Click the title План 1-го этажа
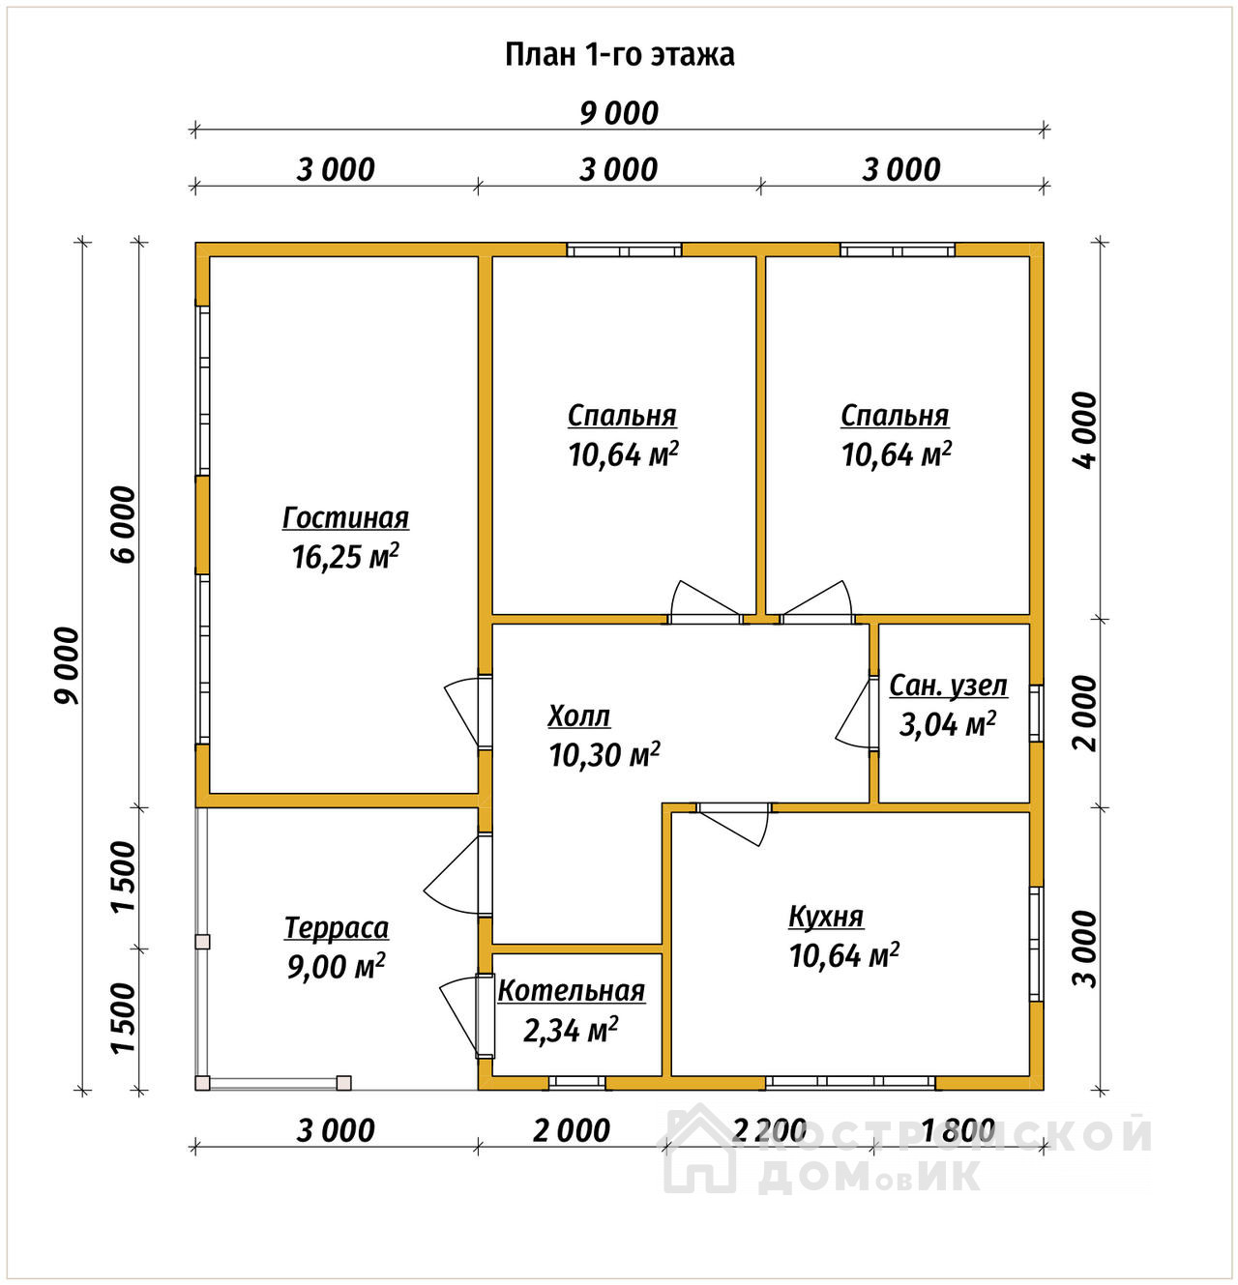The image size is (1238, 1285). click(x=619, y=55)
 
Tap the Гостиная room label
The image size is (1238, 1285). click(x=345, y=518)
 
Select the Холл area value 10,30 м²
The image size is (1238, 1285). click(x=604, y=755)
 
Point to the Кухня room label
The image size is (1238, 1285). click(x=826, y=918)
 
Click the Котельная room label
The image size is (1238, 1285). click(x=572, y=991)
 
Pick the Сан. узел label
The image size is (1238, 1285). click(x=948, y=686)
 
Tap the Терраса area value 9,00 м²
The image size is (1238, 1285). click(x=337, y=967)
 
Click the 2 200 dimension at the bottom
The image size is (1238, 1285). click(x=770, y=1130)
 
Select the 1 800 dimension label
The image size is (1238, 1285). click(x=958, y=1130)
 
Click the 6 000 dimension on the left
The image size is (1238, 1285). click(x=124, y=525)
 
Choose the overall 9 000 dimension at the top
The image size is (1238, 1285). click(x=619, y=113)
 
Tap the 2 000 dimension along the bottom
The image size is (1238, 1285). click(x=572, y=1130)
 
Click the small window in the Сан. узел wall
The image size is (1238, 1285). click(x=1037, y=714)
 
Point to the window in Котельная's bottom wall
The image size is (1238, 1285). click(x=576, y=1082)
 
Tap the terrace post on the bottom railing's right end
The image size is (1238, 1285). click(x=343, y=1083)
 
